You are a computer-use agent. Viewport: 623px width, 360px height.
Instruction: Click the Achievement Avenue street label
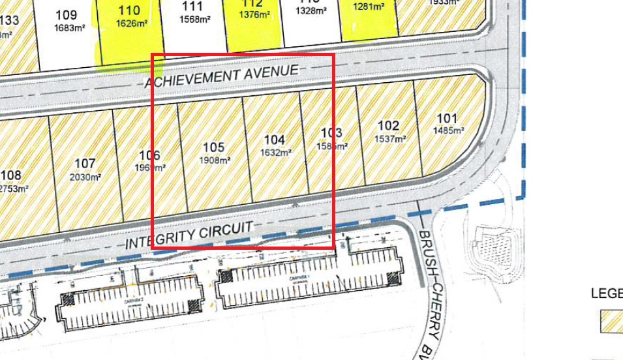[221, 76]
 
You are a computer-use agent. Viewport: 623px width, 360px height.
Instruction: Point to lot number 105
[214, 147]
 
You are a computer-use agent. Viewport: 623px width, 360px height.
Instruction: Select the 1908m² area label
[215, 160]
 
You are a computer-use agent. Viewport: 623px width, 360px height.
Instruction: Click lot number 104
[275, 140]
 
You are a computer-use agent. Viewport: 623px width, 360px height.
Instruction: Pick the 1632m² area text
[275, 153]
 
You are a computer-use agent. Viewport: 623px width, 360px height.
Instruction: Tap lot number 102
[388, 126]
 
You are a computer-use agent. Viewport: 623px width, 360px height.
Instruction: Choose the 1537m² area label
[389, 138]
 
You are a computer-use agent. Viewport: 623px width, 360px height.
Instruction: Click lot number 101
[448, 119]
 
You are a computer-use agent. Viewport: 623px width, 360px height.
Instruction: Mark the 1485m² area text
[448, 130]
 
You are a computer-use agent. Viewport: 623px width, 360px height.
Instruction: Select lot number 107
[85, 164]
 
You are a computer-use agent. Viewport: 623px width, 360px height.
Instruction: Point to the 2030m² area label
[86, 177]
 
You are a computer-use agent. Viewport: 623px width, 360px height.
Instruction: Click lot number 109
[67, 14]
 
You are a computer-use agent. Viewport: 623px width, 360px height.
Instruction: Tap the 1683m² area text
[67, 27]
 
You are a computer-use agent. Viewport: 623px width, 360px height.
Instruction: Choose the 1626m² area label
[130, 23]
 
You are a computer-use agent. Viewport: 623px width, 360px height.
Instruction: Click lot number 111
[192, 7]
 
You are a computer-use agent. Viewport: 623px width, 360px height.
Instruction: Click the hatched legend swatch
[611, 321]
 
